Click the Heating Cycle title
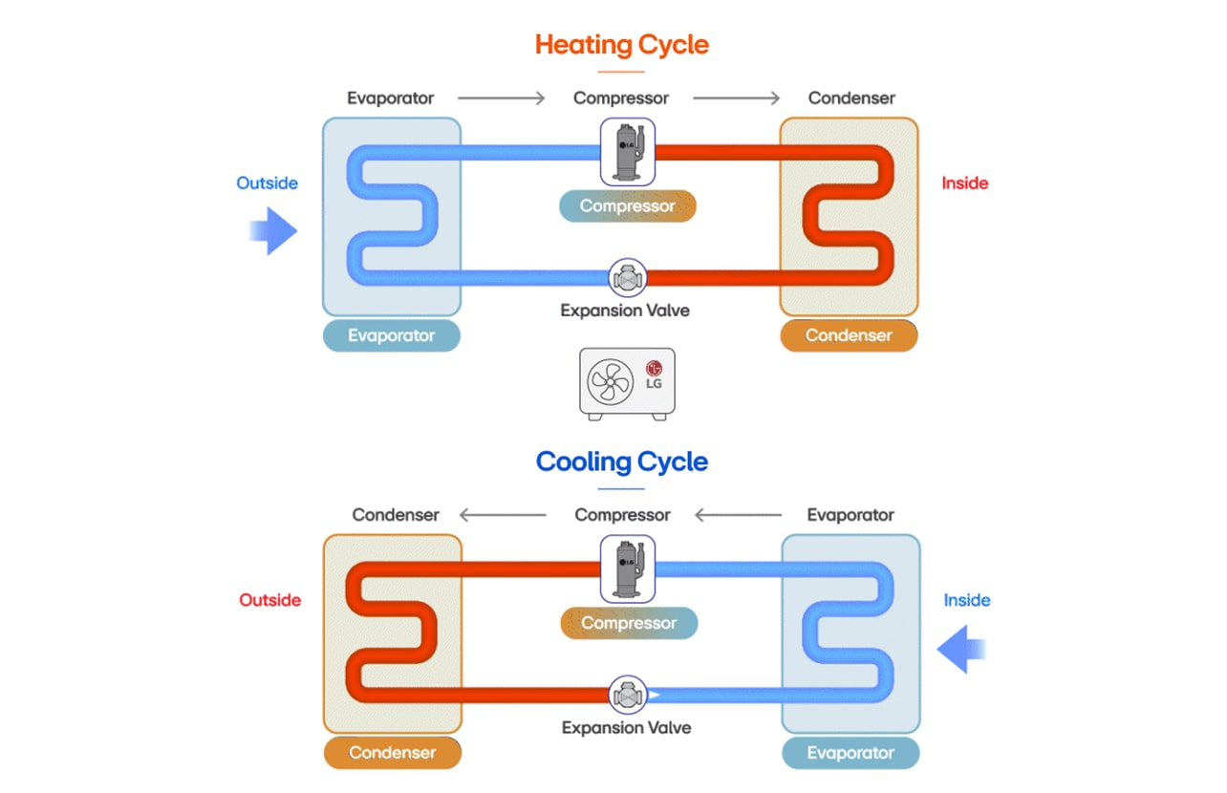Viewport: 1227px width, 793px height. (x=621, y=45)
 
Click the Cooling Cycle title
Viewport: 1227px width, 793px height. (x=621, y=462)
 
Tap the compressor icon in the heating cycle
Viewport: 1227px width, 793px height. (x=628, y=151)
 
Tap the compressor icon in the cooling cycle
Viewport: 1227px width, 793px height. (x=628, y=568)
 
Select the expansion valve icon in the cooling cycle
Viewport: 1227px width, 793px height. (x=628, y=696)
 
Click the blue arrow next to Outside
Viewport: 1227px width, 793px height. (x=273, y=231)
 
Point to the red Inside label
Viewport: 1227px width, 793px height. (x=965, y=183)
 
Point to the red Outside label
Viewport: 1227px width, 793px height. (x=269, y=600)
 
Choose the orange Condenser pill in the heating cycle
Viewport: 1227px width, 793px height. (x=849, y=335)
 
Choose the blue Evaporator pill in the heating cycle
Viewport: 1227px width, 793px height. (x=391, y=335)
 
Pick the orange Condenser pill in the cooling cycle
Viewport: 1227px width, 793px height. (x=392, y=753)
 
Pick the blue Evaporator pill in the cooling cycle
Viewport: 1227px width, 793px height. (x=850, y=753)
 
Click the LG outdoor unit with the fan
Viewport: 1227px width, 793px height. (x=627, y=383)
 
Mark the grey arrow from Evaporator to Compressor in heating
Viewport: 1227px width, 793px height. (x=501, y=98)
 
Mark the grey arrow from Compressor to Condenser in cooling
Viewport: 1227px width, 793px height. (x=503, y=516)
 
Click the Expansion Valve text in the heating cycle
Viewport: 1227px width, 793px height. (x=625, y=311)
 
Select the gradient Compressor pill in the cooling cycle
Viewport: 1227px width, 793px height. (x=629, y=623)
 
